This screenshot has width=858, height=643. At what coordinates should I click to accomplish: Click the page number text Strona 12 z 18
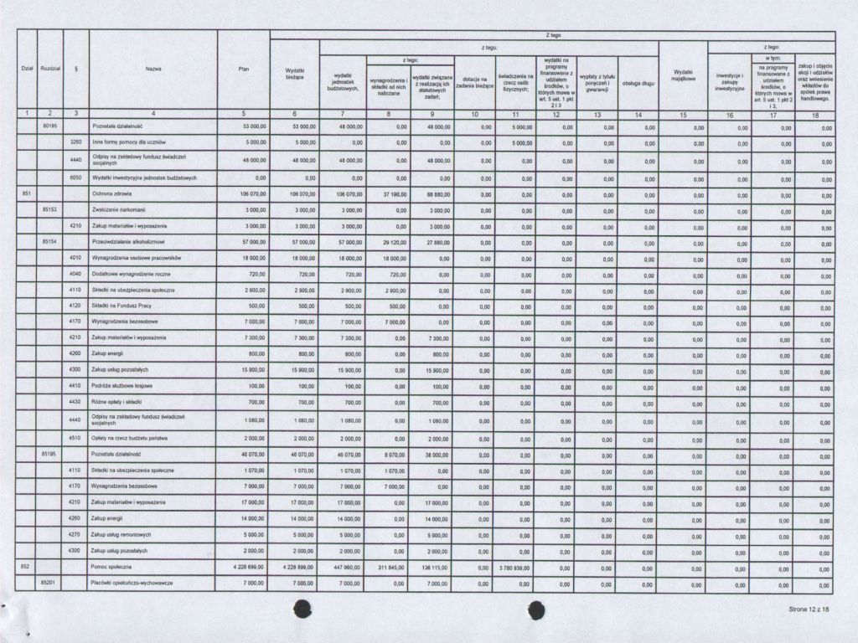click(x=808, y=610)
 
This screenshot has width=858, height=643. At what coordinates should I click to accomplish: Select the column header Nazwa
click(x=153, y=69)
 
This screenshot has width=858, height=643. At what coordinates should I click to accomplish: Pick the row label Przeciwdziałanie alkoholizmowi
click(x=125, y=242)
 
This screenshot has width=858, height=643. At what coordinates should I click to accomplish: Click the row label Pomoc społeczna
click(x=111, y=567)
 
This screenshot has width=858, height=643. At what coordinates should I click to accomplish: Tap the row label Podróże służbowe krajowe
click(x=121, y=386)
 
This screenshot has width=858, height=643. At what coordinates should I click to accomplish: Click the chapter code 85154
click(x=50, y=241)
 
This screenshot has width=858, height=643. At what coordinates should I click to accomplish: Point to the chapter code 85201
click(x=50, y=583)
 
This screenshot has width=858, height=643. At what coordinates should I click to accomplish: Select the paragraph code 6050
click(x=75, y=177)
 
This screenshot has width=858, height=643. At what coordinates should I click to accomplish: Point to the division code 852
click(x=25, y=567)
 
